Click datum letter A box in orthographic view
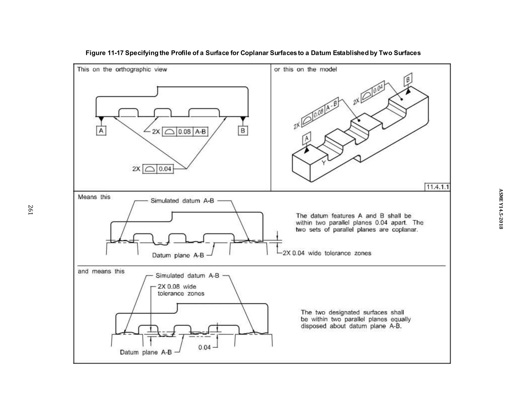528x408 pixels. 101,131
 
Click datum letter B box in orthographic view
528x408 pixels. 243,131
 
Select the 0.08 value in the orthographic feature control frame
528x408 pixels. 184,132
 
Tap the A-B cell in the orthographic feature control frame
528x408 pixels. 200,132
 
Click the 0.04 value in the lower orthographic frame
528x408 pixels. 165,169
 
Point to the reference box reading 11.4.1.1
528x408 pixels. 438,187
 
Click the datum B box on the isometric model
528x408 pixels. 408,80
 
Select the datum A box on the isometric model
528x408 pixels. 307,139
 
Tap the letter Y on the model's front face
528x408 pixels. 324,162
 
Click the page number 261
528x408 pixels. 30,210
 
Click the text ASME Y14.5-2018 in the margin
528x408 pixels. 500,209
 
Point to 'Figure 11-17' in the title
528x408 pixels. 104,53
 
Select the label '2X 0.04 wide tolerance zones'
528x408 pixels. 327,253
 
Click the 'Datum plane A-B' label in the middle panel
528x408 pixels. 178,255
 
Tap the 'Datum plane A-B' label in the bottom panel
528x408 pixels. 146,352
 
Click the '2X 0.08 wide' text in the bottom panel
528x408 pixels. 177,287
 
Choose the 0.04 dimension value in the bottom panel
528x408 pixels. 204,347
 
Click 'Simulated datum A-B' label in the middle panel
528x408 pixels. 182,201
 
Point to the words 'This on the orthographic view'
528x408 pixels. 122,69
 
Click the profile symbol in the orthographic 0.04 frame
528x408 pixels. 150,169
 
